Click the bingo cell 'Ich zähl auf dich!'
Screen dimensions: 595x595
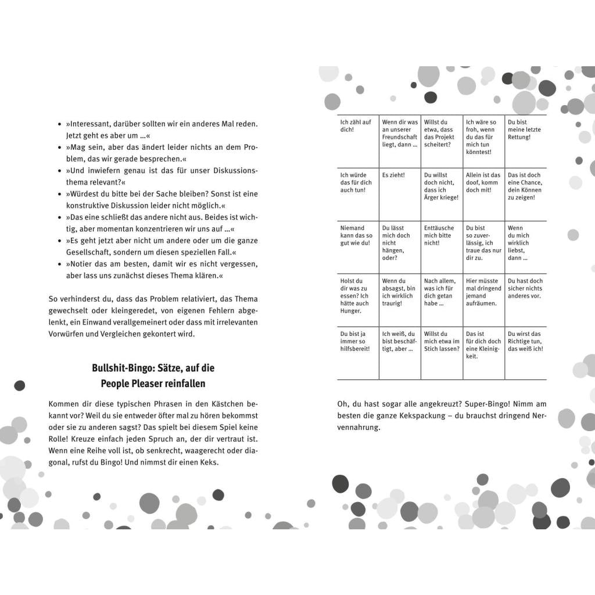point(358,142)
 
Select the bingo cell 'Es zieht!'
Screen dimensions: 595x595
point(400,195)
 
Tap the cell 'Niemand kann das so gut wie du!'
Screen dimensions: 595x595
point(358,247)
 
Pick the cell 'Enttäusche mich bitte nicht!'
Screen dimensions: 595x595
point(442,247)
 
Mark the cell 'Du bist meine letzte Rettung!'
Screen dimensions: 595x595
point(525,142)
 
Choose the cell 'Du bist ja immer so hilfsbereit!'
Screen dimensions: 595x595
point(358,353)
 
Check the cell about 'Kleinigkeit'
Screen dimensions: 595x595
point(483,353)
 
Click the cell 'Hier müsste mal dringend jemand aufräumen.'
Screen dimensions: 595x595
point(483,300)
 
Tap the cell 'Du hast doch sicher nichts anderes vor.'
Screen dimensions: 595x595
point(525,300)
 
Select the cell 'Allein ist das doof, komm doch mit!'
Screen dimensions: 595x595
point(483,195)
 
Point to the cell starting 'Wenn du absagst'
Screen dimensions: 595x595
point(400,300)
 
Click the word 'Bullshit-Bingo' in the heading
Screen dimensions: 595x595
point(123,368)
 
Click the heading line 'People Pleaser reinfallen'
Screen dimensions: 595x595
point(153,383)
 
